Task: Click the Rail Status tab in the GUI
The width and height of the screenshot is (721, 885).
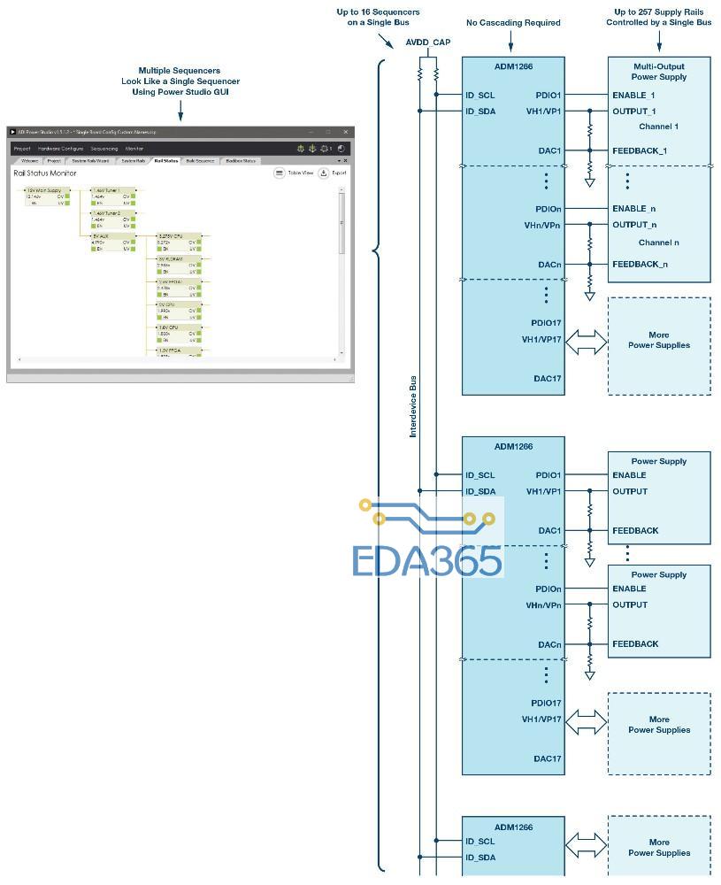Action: [165, 161]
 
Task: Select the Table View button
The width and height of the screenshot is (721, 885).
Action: [295, 173]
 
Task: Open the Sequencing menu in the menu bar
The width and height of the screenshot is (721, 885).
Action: [104, 149]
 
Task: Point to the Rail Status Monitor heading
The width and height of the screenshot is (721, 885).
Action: [45, 173]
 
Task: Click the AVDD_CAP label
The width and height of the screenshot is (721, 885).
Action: [428, 42]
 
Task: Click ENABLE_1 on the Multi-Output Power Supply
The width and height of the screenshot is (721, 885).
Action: [633, 95]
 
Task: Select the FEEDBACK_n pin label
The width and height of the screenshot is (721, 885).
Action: [640, 264]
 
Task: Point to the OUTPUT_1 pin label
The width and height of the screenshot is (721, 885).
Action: [633, 112]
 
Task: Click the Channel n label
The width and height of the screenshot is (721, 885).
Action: [658, 242]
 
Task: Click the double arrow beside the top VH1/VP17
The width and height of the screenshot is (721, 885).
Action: [586, 342]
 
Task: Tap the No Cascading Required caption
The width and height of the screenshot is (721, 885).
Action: [513, 23]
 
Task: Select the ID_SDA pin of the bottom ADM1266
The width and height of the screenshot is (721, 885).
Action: [480, 858]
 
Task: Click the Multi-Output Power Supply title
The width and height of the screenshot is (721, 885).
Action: [659, 72]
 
